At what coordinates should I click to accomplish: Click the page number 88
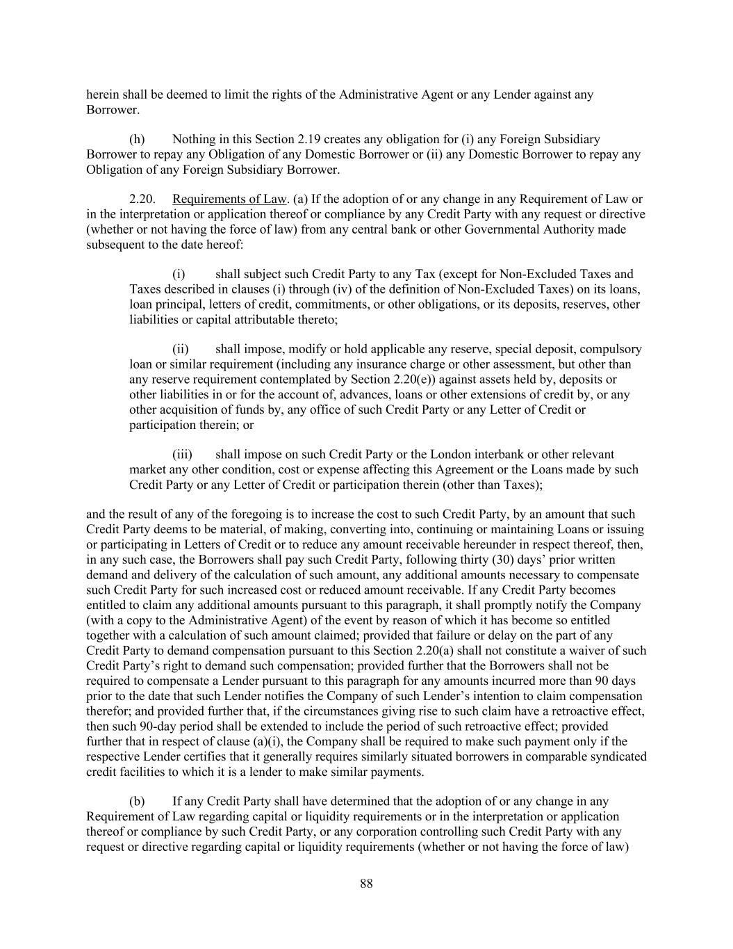click(367, 884)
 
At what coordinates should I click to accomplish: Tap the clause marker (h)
click(137, 140)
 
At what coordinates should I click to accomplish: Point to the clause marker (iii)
click(182, 455)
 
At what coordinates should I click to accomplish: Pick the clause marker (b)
click(137, 802)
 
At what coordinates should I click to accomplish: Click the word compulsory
click(611, 349)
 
